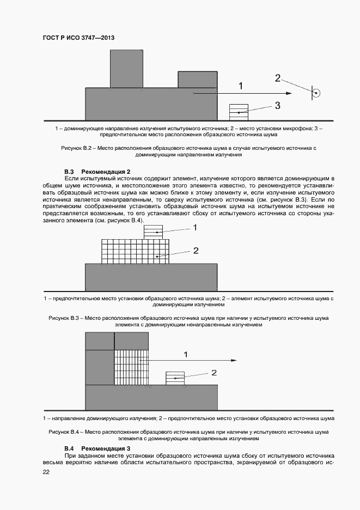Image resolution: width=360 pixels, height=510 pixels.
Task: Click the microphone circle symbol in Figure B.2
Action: tap(316, 93)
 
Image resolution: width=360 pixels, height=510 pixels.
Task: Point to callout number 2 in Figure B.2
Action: tap(277, 78)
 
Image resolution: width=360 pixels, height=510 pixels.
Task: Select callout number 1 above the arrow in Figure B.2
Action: tap(241, 86)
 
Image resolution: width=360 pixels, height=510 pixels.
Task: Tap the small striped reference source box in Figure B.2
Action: tap(239, 112)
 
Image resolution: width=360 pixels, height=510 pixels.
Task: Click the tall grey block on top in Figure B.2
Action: tap(126, 69)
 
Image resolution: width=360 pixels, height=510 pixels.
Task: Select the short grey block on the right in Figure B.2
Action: tap(197, 80)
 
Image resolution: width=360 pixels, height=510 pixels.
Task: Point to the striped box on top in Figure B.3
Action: tap(157, 233)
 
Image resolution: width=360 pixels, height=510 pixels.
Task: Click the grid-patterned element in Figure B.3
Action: tap(135, 252)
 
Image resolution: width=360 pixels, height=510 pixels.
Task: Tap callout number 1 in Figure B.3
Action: tap(194, 228)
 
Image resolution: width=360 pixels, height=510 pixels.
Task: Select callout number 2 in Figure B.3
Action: tap(196, 251)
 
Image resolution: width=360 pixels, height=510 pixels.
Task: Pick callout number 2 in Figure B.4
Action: tap(214, 373)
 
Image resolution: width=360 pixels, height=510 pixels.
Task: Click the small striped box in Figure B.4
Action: tap(175, 378)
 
